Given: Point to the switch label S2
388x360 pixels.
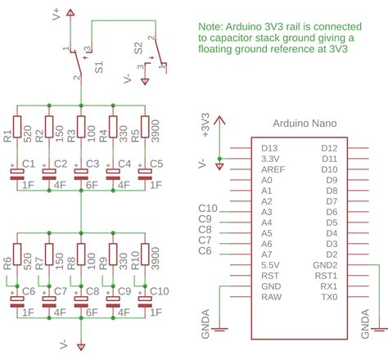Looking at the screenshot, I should pos(138,48).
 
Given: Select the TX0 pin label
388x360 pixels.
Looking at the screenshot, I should pos(329,297).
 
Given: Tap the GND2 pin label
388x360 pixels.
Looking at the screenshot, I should pos(325,265).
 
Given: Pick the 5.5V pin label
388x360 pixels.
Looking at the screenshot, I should pos(270,265).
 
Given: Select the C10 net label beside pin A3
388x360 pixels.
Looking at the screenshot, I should pos(207,209).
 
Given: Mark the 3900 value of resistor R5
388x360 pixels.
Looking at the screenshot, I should pos(156,128).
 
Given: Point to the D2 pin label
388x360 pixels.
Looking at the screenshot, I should pos(332,254).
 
